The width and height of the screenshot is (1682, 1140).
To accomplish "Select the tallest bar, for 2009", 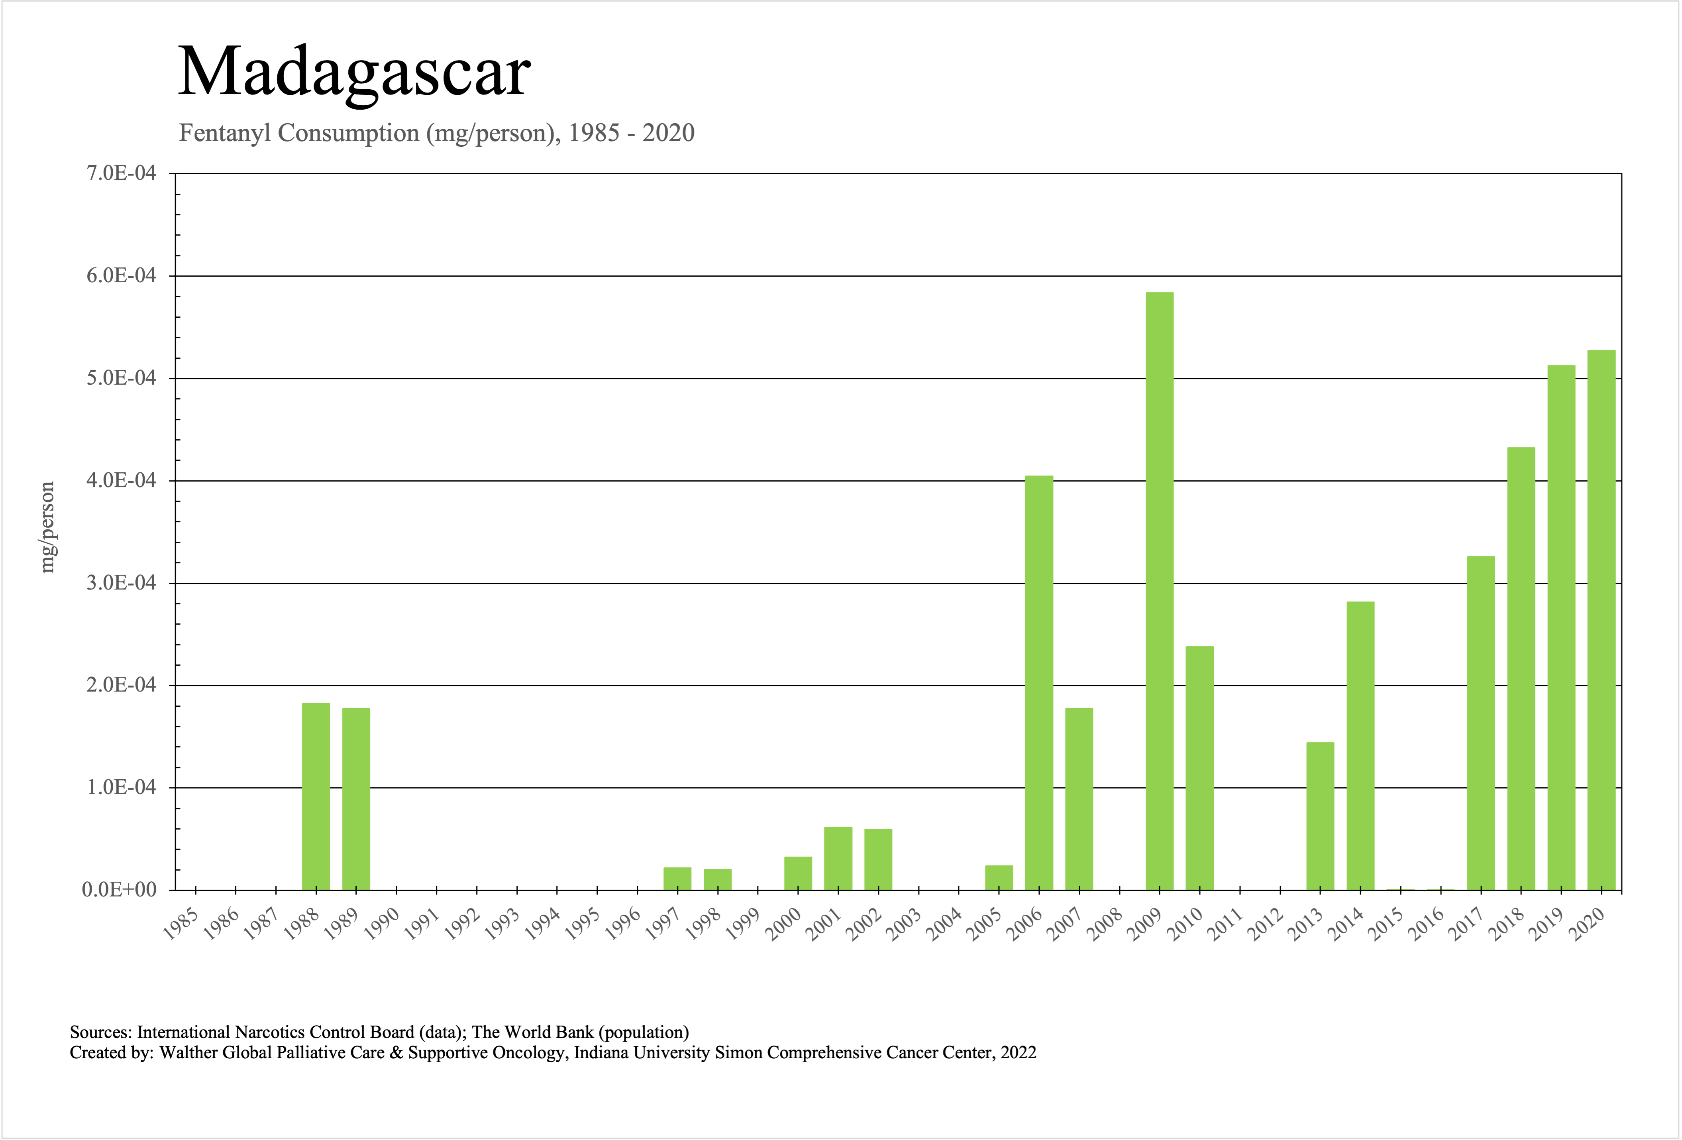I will (x=1160, y=590).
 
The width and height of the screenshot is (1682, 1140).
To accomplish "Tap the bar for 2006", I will (x=1039, y=682).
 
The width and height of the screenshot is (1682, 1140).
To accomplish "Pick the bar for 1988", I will (x=316, y=796).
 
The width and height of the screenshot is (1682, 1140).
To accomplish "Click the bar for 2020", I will (x=1601, y=619).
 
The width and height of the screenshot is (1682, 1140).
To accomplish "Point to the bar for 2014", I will (x=1361, y=745).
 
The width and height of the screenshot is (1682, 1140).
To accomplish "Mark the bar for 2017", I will (x=1481, y=722).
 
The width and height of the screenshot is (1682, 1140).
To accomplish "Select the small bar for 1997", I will (x=677, y=878).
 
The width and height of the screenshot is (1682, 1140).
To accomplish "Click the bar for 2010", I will (x=1200, y=767).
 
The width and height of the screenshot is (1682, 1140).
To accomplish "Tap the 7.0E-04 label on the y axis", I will (x=121, y=174).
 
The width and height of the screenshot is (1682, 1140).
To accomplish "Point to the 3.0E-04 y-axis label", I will (x=121, y=584).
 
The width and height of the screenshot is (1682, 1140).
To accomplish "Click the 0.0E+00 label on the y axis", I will (x=120, y=890).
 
